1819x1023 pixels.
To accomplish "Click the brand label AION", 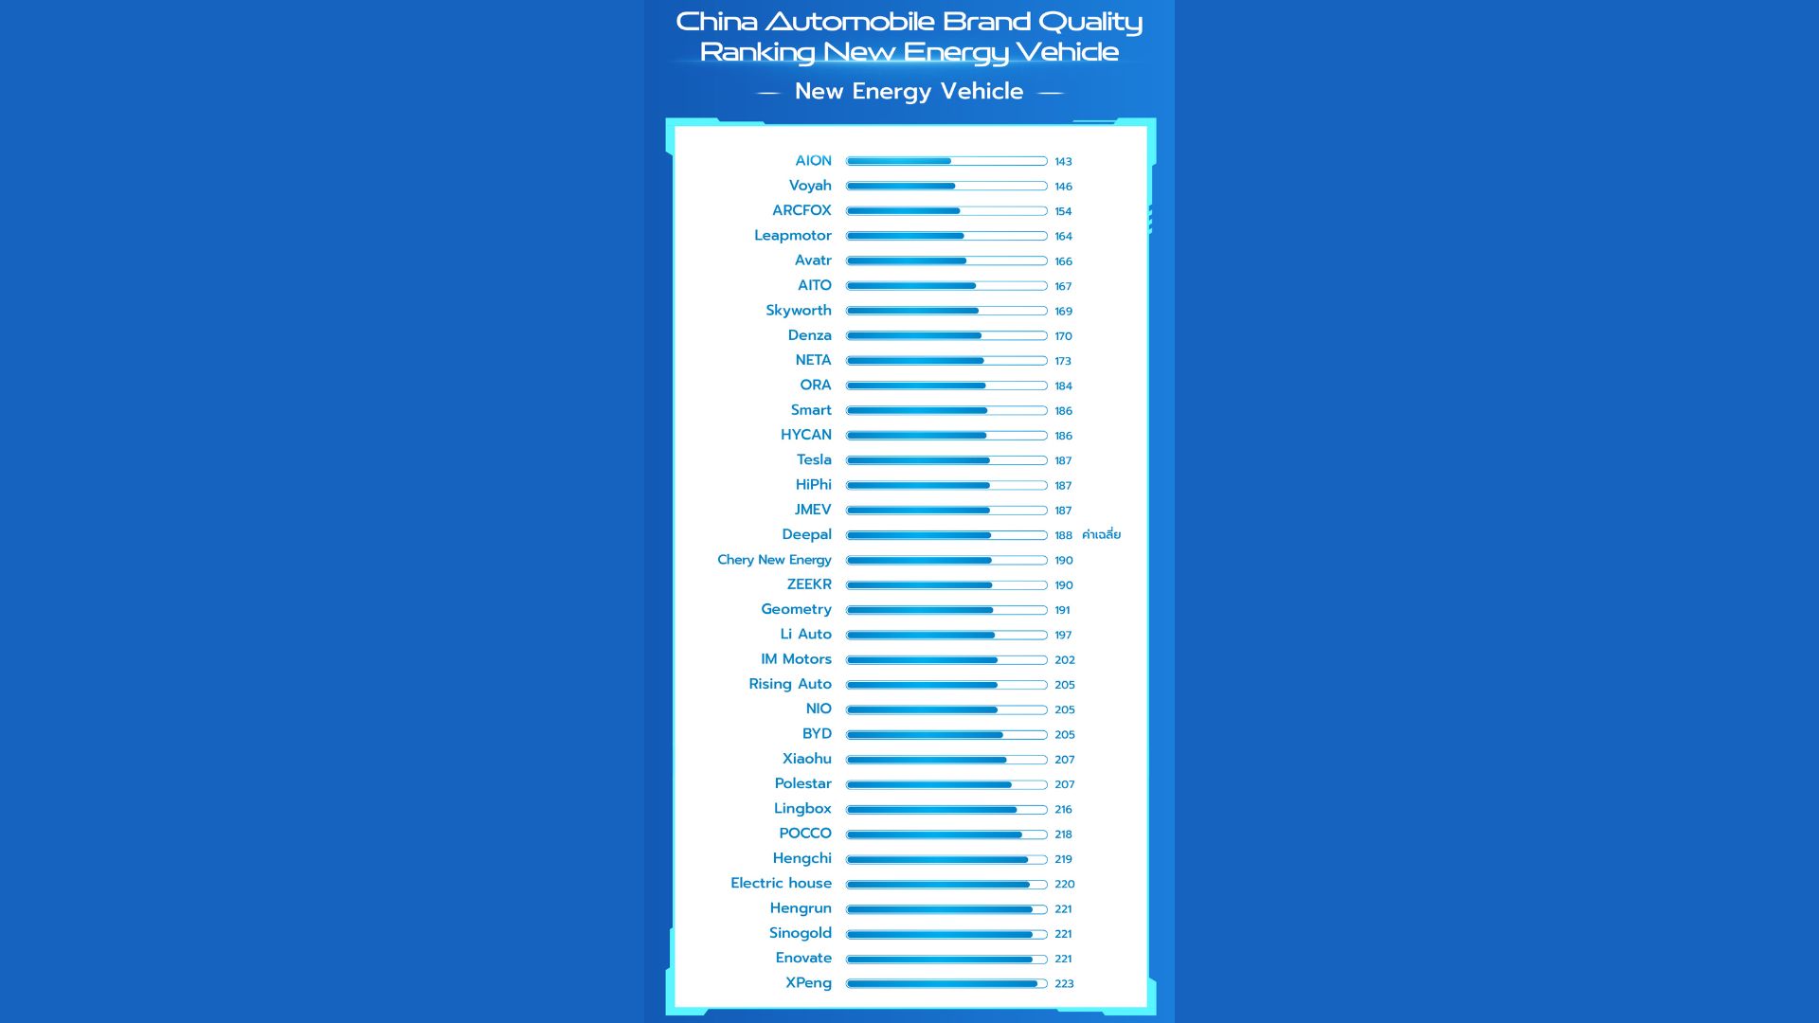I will pos(813,161).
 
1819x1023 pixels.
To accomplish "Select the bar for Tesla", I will pos(946,460).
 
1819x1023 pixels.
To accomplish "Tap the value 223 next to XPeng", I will pos(1064,984).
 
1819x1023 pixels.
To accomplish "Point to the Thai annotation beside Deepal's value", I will pos(1101,535).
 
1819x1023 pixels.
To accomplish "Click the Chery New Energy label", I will pos(774,560).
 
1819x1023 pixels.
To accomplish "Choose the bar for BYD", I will pos(946,735).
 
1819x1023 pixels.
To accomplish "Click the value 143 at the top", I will pos(1063,162).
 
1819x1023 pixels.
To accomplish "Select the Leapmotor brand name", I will pos(792,236).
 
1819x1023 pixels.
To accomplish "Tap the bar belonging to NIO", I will pos(946,709).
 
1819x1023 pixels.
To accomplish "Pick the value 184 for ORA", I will pos(1063,386).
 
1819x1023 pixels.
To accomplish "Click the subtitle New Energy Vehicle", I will pos(909,92).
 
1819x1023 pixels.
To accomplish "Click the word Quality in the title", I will pos(1090,22).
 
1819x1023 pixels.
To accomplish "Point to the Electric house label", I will pos(781,884).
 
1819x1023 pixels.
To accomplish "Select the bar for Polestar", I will pos(946,784).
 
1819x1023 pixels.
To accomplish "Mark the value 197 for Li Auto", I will pos(1063,636).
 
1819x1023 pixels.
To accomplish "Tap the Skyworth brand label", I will pos(798,311).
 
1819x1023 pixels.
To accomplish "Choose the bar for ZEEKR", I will pos(946,585).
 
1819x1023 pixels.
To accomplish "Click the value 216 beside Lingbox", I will pos(1063,810).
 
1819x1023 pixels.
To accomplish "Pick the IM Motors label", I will pos(795,659).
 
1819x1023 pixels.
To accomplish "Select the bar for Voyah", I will pos(946,187).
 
